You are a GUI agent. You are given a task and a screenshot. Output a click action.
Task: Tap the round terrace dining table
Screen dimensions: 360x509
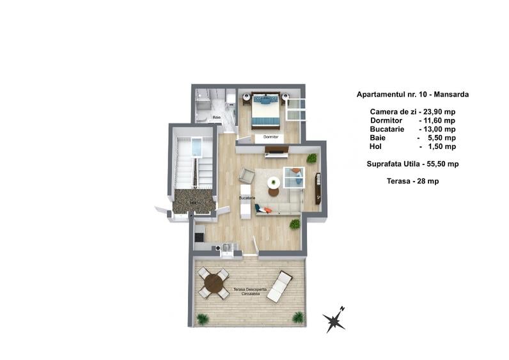pos(214,283)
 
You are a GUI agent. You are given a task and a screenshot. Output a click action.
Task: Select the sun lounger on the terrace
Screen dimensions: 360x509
pos(279,286)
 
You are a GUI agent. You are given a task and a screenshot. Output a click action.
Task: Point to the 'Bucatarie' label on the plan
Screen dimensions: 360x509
pos(247,198)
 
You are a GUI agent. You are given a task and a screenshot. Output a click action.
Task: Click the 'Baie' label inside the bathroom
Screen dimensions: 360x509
pos(217,118)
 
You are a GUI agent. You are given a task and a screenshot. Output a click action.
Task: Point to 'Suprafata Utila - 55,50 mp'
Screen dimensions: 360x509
pos(412,164)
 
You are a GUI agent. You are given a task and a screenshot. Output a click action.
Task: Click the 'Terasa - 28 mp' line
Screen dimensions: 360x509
pos(412,181)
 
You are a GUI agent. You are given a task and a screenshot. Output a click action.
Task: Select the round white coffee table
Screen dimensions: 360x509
pos(274,182)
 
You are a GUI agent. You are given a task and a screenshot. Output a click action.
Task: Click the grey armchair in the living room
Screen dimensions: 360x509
pos(247,175)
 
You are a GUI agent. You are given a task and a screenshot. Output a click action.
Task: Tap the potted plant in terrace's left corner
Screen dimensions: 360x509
pos(203,318)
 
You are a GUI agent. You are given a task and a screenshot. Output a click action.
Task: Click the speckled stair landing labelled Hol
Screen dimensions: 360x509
pos(193,201)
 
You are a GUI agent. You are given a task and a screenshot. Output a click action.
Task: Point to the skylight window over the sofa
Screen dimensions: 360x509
pos(294,177)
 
